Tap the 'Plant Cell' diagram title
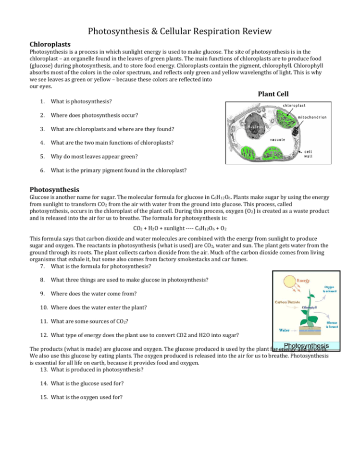click(x=273, y=94)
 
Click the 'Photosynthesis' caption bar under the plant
click(x=306, y=346)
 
